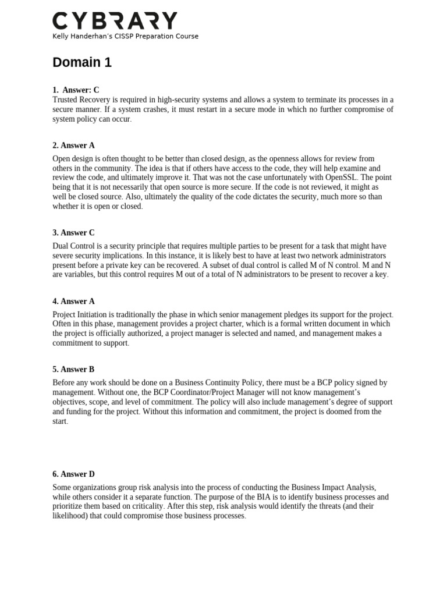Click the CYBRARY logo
point(115,20)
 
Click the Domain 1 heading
point(82,62)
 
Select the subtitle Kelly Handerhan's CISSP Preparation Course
point(125,36)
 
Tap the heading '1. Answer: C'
point(76,90)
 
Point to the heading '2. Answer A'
point(73,146)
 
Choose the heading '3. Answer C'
point(73,233)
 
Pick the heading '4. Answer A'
point(73,301)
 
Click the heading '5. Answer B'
point(73,370)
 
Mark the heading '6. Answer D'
point(73,474)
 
